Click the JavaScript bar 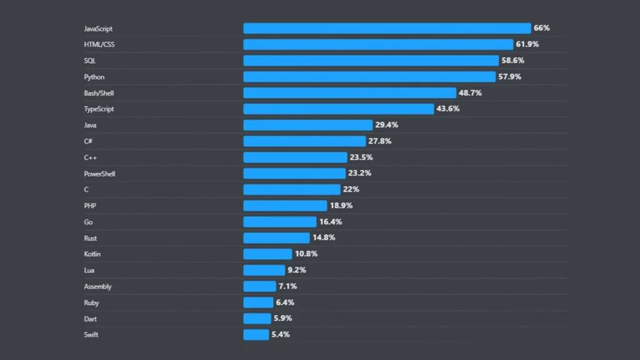(387, 28)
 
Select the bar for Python (369, 77)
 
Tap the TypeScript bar (338, 109)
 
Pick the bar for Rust (276, 238)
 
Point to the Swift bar (256, 334)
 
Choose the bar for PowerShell (294, 173)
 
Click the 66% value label (541, 28)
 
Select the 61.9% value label (527, 44)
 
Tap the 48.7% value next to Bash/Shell (470, 92)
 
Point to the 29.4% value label (386, 125)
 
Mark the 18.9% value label (341, 206)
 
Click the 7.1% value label (287, 286)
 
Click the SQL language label (90, 61)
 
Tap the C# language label (88, 141)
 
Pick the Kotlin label (92, 254)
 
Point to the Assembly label (97, 286)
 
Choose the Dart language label (91, 319)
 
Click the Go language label (88, 222)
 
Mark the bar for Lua (264, 270)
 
